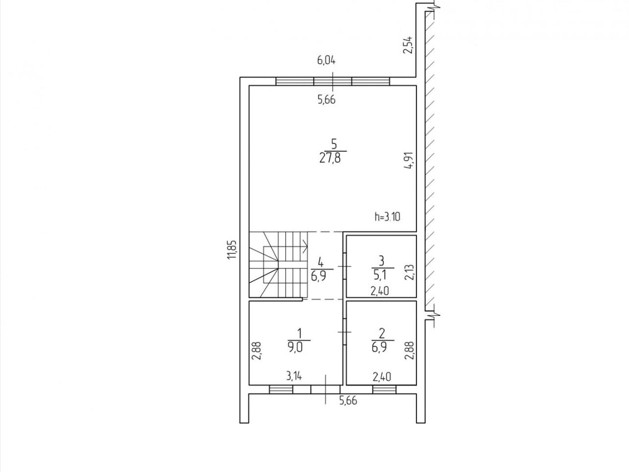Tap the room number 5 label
(333, 144)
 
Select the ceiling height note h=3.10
(388, 217)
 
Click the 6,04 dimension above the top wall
(326, 61)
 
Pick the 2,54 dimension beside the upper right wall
(408, 45)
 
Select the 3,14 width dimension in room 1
(294, 376)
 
